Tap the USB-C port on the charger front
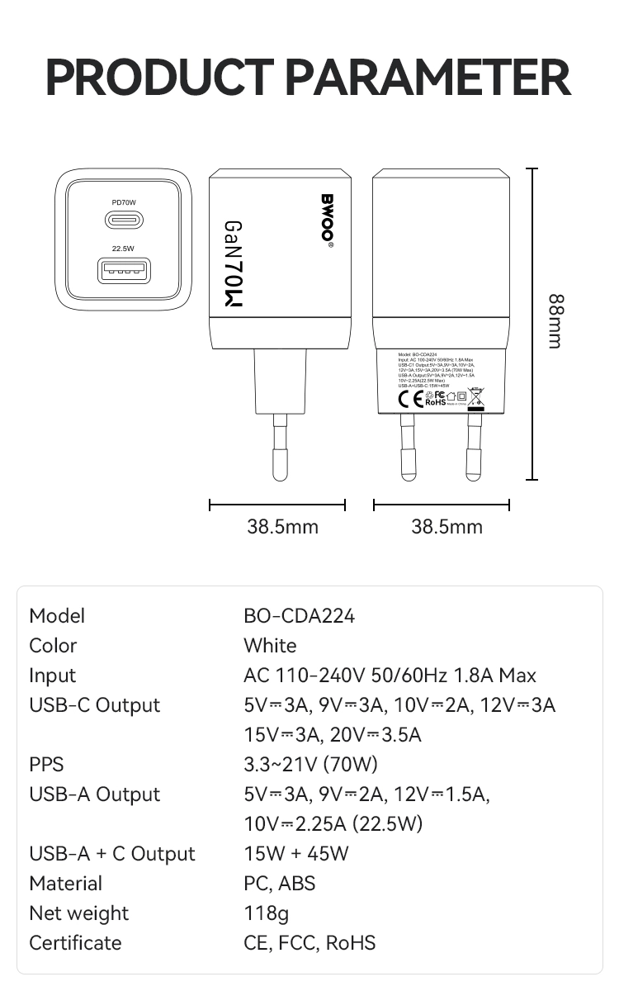124,220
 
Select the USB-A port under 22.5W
124,270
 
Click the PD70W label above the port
124,202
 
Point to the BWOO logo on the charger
327,218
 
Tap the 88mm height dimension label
555,321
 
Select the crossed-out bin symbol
476,399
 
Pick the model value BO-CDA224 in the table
299,616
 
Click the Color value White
270,646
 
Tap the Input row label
52,676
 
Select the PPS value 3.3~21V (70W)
310,765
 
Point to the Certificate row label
75,943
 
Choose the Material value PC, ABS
280,884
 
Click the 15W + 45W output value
296,854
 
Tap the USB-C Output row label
94,705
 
